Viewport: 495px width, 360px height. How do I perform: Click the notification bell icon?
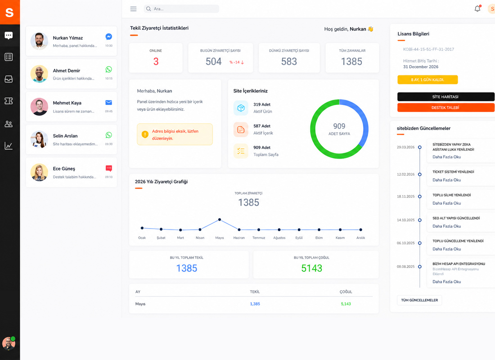(x=477, y=9)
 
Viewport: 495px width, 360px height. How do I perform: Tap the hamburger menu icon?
(x=134, y=9)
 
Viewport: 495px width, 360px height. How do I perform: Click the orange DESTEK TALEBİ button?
(x=445, y=108)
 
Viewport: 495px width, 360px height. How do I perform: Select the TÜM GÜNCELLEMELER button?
(x=419, y=300)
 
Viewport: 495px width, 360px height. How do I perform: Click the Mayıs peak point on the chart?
(x=220, y=220)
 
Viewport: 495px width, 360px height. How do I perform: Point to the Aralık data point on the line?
(x=360, y=229)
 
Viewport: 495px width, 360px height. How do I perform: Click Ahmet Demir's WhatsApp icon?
(x=108, y=69)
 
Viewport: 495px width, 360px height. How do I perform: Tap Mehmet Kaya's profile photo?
(x=39, y=107)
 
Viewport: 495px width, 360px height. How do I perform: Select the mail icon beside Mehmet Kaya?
(x=108, y=102)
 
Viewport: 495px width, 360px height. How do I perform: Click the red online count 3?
(x=156, y=61)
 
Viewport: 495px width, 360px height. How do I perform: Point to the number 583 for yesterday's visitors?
(x=289, y=61)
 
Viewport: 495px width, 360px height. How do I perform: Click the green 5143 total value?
(x=311, y=268)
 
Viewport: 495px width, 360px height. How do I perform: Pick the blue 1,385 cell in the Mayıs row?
(x=255, y=304)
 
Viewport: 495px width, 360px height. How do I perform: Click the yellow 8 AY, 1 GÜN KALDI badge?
(x=427, y=80)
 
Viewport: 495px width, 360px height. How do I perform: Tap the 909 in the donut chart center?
(x=339, y=126)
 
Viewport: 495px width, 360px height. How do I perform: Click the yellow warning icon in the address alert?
(x=145, y=134)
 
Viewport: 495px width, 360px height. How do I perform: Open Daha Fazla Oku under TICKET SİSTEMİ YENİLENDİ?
(x=446, y=180)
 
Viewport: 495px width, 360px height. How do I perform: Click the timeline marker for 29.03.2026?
(x=419, y=147)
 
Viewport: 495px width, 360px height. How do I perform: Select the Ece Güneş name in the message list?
(x=64, y=169)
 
